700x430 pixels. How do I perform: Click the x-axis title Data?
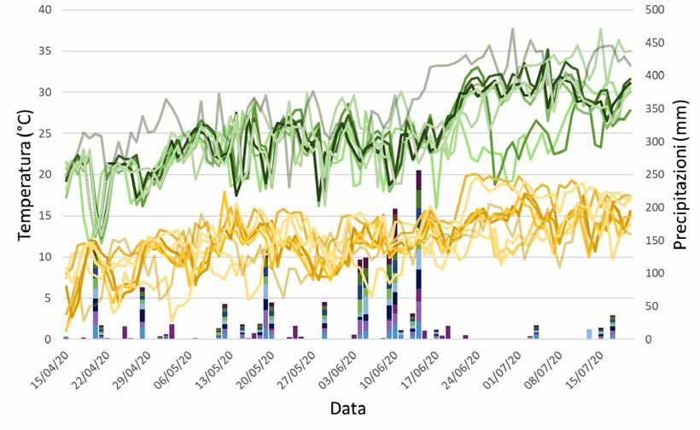[348, 409]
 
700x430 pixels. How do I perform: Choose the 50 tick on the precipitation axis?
[648, 306]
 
